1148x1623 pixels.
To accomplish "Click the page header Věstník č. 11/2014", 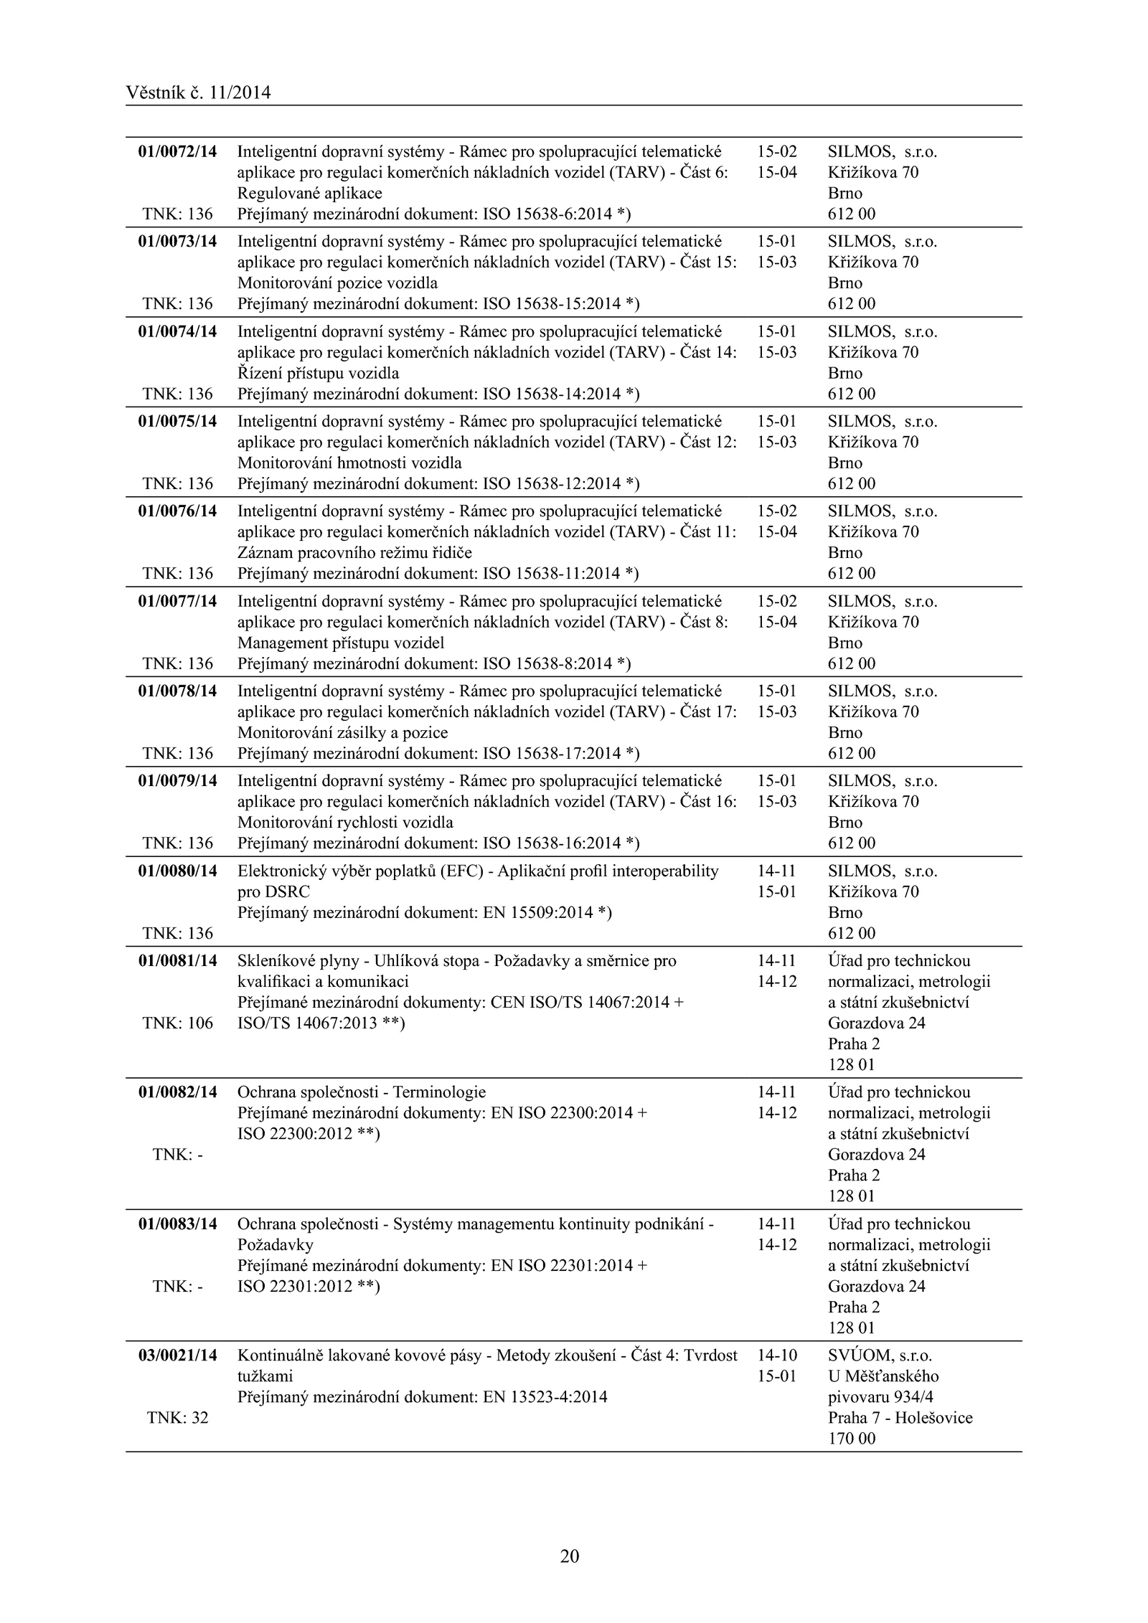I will (x=198, y=93).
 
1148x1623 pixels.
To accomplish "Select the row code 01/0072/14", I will (x=177, y=151).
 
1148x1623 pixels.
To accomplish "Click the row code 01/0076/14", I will (x=177, y=511).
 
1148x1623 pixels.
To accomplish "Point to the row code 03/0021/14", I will (x=177, y=1355).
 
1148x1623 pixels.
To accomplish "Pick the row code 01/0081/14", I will (x=177, y=960).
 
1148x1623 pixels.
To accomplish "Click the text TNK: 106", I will (x=178, y=1023).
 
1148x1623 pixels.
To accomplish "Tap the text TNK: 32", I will (x=178, y=1417).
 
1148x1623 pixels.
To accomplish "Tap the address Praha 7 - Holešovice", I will (x=900, y=1417).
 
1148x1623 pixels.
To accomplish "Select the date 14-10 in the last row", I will (x=776, y=1355).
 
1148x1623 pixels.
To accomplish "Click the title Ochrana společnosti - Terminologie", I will (x=362, y=1092).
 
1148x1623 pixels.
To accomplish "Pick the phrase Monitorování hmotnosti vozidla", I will (x=349, y=463).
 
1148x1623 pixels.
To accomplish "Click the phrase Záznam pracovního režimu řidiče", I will (x=354, y=552).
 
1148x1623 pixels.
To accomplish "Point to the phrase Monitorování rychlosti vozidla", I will (x=345, y=822).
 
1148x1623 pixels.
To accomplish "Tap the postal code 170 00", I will (x=852, y=1438).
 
